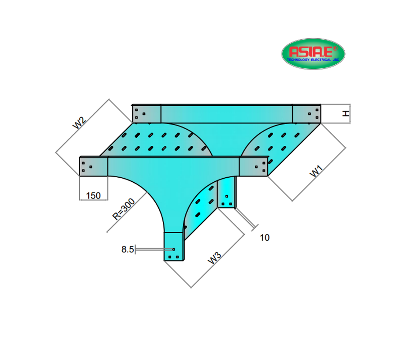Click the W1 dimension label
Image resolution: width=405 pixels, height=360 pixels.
point(318,171)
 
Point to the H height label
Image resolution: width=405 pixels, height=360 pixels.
point(345,113)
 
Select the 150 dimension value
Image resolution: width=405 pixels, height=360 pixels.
point(93,195)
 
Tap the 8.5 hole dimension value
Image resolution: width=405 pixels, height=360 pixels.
point(127,249)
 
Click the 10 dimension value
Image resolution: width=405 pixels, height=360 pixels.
point(265,238)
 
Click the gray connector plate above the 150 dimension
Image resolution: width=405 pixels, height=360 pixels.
point(94,166)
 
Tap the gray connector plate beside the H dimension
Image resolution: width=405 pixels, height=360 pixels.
point(306,113)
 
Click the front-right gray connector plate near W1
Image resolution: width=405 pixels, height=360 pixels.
point(253,166)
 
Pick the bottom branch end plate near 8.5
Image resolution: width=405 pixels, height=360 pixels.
point(174,246)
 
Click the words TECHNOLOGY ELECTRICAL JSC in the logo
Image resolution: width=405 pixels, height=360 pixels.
point(313,59)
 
